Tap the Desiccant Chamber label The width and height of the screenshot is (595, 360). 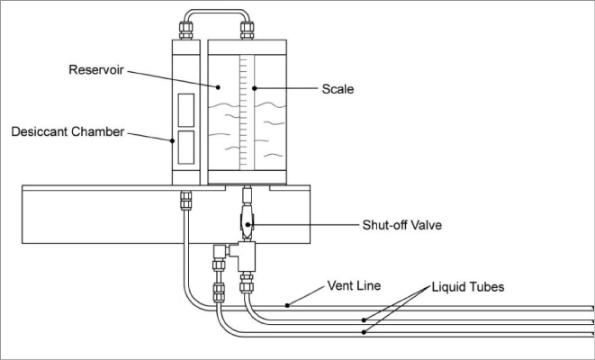pyautogui.click(x=67, y=131)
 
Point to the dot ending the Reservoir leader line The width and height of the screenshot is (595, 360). pyautogui.click(x=218, y=87)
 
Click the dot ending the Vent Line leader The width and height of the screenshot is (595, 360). pyautogui.click(x=287, y=304)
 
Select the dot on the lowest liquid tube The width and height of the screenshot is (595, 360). pyautogui.click(x=363, y=333)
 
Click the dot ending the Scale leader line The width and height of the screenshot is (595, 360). pyautogui.click(x=253, y=88)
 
